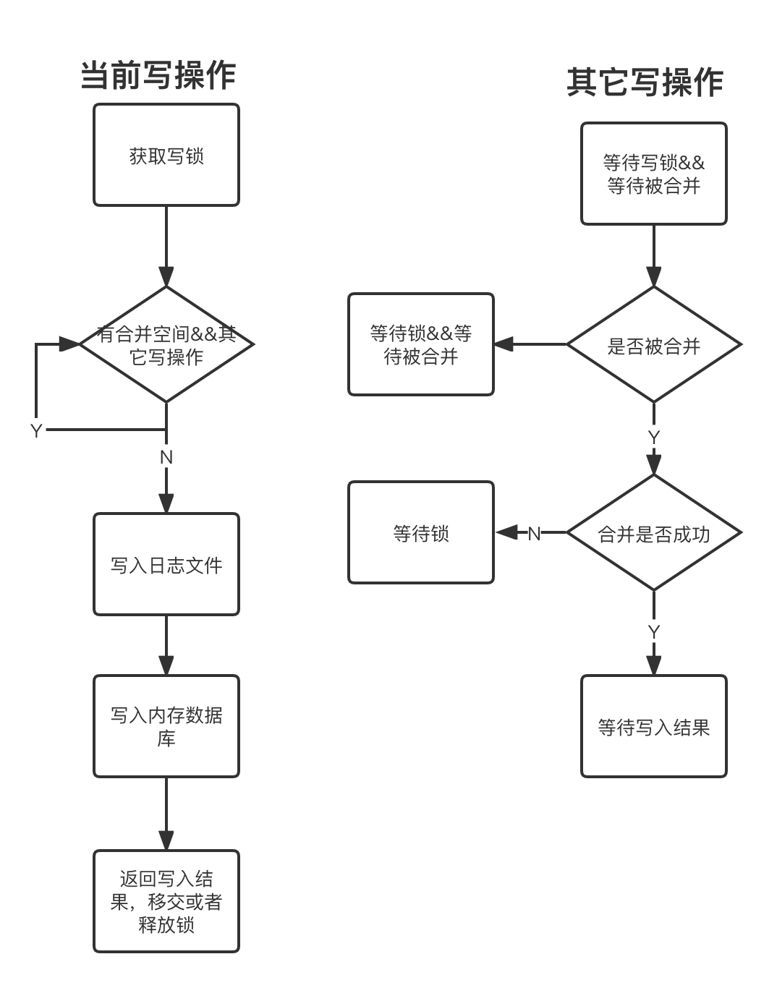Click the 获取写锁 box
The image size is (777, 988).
[x=166, y=155]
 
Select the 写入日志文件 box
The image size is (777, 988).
[x=166, y=564]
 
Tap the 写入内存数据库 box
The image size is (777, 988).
[x=166, y=726]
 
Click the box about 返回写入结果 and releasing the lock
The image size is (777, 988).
[x=166, y=901]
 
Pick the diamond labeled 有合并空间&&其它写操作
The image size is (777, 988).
[x=166, y=344]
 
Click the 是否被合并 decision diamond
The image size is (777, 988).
[x=653, y=345]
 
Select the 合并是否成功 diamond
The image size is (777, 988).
[x=653, y=533]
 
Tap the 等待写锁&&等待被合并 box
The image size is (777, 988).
[x=653, y=174]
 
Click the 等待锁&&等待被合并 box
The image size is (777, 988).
[x=421, y=344]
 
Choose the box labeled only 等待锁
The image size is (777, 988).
[x=421, y=533]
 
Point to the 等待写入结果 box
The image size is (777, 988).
[x=653, y=726]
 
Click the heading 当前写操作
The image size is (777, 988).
[x=158, y=75]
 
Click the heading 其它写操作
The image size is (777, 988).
[x=645, y=82]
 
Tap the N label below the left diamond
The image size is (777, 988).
[x=166, y=457]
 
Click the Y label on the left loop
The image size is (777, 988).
[x=38, y=430]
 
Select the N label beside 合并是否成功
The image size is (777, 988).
[x=534, y=533]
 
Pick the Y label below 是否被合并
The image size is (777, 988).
[x=653, y=437]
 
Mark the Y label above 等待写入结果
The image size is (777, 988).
[x=653, y=631]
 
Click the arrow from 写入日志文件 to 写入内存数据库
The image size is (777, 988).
[x=166, y=645]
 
